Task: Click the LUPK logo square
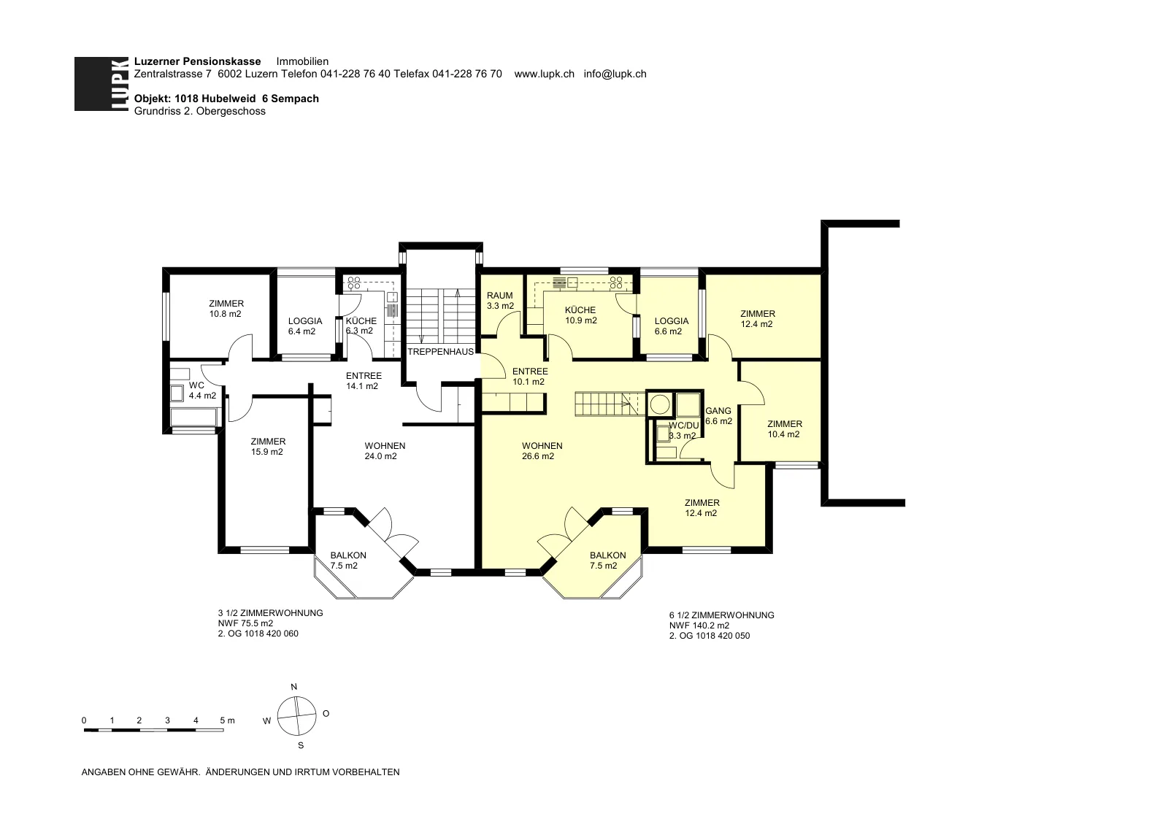pyautogui.click(x=101, y=83)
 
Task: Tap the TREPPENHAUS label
pyautogui.click(x=441, y=351)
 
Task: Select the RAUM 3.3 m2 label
pyautogui.click(x=500, y=300)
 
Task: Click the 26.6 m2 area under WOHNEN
pyautogui.click(x=537, y=456)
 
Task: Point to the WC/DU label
pyautogui.click(x=683, y=426)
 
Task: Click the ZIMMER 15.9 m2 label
pyautogui.click(x=267, y=447)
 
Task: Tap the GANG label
pyautogui.click(x=718, y=411)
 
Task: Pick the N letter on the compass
pyautogui.click(x=294, y=687)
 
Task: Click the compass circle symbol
pyautogui.click(x=296, y=716)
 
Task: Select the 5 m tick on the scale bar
pyautogui.click(x=227, y=720)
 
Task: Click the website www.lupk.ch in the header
pyautogui.click(x=544, y=74)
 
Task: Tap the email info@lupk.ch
pyautogui.click(x=615, y=74)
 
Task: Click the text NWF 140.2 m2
pyautogui.click(x=699, y=626)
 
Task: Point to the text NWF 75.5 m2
pyautogui.click(x=245, y=623)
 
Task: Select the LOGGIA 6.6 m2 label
pyautogui.click(x=671, y=326)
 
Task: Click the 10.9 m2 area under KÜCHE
pyautogui.click(x=581, y=320)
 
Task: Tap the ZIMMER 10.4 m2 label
pyautogui.click(x=784, y=429)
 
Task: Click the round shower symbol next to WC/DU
pyautogui.click(x=661, y=404)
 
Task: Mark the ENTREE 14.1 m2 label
pyautogui.click(x=364, y=380)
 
